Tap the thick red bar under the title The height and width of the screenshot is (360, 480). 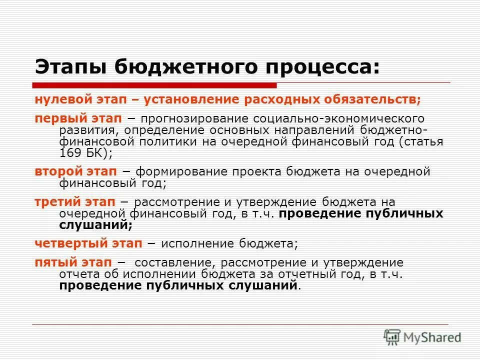(x=155, y=84)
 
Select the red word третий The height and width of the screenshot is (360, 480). (x=55, y=202)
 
